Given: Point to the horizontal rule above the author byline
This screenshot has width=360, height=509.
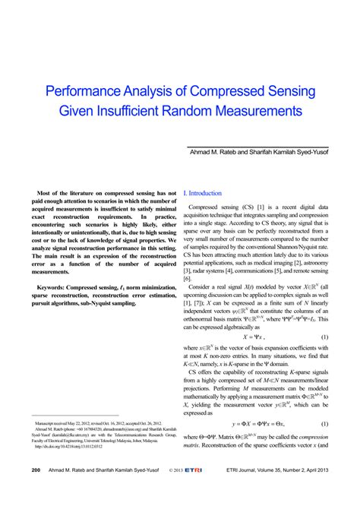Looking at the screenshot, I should (x=257, y=146).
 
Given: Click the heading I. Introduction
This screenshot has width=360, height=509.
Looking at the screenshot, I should (x=202, y=194).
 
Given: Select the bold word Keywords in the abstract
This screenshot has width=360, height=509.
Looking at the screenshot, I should (x=52, y=288).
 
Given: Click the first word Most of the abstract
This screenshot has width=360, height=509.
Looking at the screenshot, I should (x=47, y=194).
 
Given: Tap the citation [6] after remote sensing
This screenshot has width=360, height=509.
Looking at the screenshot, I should (x=188, y=279).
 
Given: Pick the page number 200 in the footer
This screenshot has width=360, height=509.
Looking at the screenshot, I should (x=36, y=492).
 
